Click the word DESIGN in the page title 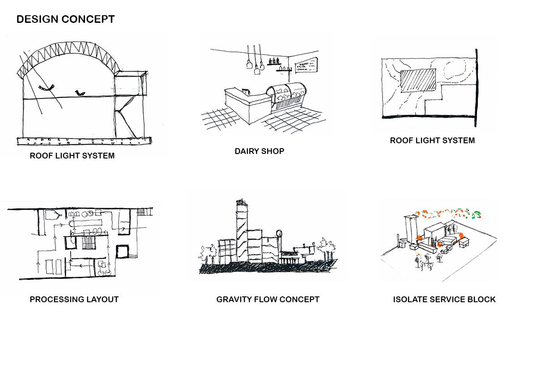(x=38, y=19)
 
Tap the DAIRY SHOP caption (x=259, y=151)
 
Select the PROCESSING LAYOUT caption (x=74, y=300)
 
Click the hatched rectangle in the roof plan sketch (x=418, y=81)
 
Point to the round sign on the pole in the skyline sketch (x=280, y=233)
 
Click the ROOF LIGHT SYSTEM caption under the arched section (x=72, y=156)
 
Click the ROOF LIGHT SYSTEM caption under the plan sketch (x=432, y=141)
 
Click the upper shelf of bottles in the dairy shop (x=274, y=62)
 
